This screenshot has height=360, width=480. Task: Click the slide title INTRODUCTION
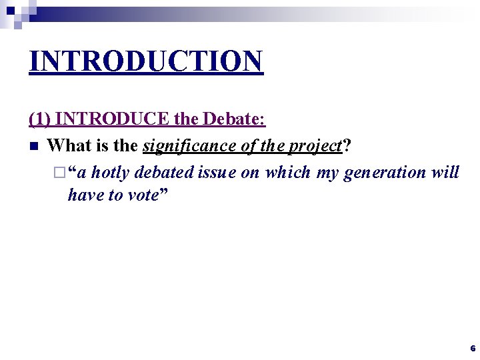[x=146, y=61]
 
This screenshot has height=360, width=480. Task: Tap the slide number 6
[x=473, y=349]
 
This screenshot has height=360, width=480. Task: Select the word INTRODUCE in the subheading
[x=113, y=120]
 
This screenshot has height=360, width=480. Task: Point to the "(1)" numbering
[x=41, y=120]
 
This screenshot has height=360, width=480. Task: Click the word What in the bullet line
[x=70, y=145]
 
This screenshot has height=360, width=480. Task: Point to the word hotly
[x=110, y=172]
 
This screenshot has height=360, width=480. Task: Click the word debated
[x=162, y=172]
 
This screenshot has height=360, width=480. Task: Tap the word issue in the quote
[x=215, y=172]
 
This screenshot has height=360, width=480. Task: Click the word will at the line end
[x=446, y=172]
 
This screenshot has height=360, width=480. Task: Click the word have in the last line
[x=84, y=196]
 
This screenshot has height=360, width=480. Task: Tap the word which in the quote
[x=288, y=172]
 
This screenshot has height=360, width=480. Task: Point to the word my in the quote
[x=327, y=172]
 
